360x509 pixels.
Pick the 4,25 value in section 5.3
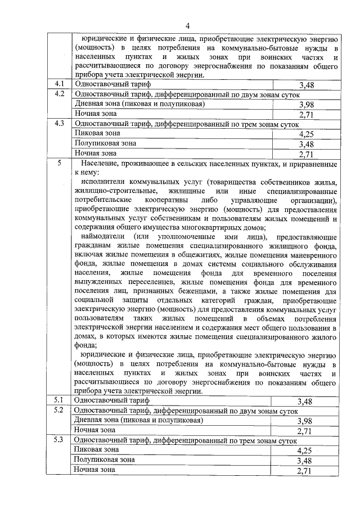point(305,451)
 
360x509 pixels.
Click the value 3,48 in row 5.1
point(305,401)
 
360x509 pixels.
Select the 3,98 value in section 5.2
point(305,421)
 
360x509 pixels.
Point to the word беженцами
point(195,291)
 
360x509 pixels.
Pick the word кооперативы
point(165,200)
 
